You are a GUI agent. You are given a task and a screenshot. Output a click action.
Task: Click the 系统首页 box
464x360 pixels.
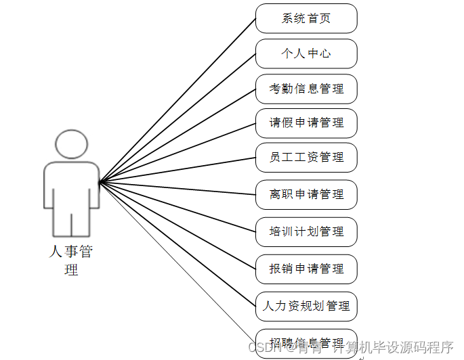tap(306, 18)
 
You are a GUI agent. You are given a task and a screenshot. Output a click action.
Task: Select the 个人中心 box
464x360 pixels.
tap(306, 53)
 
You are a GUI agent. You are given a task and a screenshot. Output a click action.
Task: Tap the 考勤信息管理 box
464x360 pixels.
tap(306, 89)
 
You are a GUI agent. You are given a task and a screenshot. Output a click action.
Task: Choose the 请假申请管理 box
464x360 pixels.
tap(306, 122)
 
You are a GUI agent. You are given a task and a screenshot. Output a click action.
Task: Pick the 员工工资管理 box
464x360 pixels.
tap(306, 157)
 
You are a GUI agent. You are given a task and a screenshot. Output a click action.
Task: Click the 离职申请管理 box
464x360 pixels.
tap(306, 194)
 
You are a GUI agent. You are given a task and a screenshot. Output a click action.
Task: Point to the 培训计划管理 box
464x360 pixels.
tap(306, 231)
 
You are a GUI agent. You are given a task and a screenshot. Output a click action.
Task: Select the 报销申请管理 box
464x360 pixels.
tap(306, 269)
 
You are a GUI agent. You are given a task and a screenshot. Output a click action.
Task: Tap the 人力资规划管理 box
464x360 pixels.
tap(306, 306)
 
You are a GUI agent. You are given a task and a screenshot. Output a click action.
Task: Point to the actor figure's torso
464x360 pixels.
tap(72, 186)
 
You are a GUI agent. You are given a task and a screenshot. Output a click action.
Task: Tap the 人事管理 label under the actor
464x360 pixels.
tap(71, 261)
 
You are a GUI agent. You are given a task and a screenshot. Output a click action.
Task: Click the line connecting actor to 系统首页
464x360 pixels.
tap(177, 100)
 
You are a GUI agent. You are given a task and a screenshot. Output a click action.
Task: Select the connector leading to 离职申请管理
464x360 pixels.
tap(177, 188)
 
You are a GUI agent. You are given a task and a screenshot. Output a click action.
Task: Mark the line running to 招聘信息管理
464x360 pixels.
tap(177, 261)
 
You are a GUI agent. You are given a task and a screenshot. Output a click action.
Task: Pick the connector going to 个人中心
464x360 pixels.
tap(177, 118)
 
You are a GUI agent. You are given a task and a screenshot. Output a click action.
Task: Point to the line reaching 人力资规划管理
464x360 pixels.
tap(177, 243)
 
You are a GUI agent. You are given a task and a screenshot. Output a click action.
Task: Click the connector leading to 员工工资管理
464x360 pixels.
tap(177, 170)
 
